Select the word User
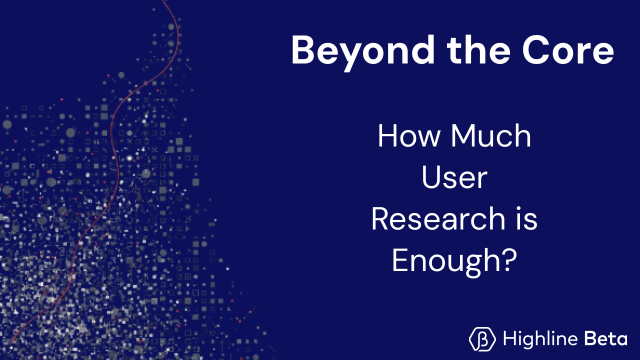(454, 177)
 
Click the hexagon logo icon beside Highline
(482, 339)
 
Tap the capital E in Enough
(398, 260)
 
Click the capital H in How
(387, 136)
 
